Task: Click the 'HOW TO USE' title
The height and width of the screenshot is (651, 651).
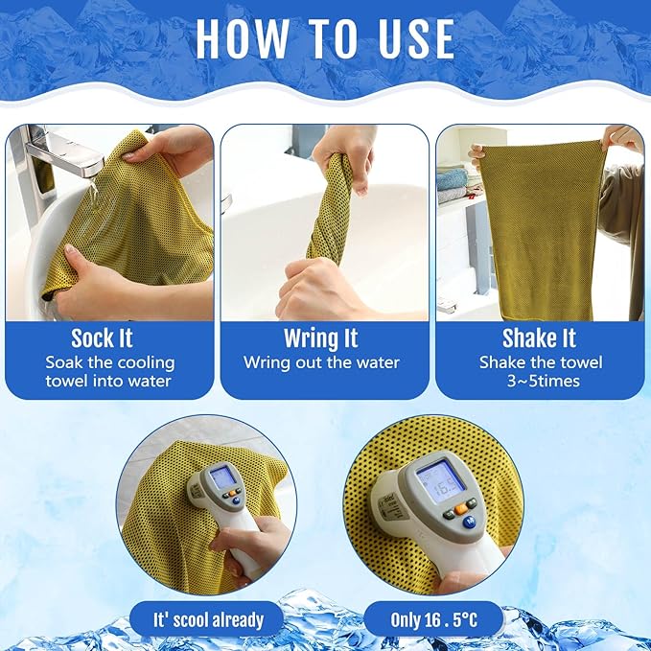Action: pyautogui.click(x=325, y=38)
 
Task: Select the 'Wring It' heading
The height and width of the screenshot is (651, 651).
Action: pyautogui.click(x=321, y=338)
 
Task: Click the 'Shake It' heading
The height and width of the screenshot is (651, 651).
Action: pyautogui.click(x=539, y=338)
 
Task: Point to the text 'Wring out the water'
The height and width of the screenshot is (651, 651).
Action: pyautogui.click(x=321, y=362)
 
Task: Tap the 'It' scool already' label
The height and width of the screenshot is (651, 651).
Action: pyautogui.click(x=208, y=619)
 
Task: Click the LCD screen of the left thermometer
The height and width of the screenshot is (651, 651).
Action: pyautogui.click(x=222, y=477)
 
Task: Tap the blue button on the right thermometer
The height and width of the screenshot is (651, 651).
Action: pyautogui.click(x=469, y=523)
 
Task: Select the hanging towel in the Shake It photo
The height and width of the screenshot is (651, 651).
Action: pyautogui.click(x=542, y=225)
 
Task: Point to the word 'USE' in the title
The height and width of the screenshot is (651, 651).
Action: pyautogui.click(x=405, y=38)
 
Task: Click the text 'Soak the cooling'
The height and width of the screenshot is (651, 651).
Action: pyautogui.click(x=109, y=362)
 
